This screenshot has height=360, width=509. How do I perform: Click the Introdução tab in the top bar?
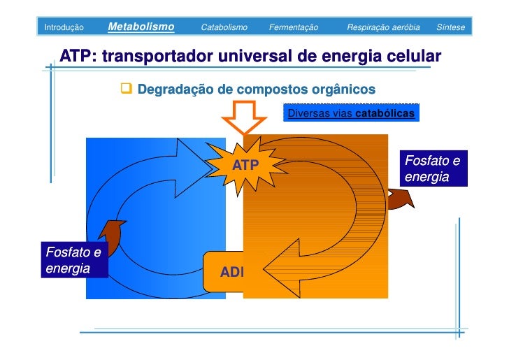[64, 27]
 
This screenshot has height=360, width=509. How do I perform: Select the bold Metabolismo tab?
[141, 27]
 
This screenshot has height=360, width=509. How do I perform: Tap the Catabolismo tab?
[224, 27]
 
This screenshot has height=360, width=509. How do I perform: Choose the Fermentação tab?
[294, 27]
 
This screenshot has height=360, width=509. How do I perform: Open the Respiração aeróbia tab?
[383, 27]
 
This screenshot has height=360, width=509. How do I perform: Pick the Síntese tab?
[450, 27]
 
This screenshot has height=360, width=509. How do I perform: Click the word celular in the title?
[412, 56]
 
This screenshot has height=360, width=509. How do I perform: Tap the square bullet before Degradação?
[127, 89]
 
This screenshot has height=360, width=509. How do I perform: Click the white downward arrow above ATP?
[244, 116]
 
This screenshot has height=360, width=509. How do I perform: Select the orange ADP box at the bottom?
[231, 271]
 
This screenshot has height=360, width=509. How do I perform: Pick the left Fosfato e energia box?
[73, 259]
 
